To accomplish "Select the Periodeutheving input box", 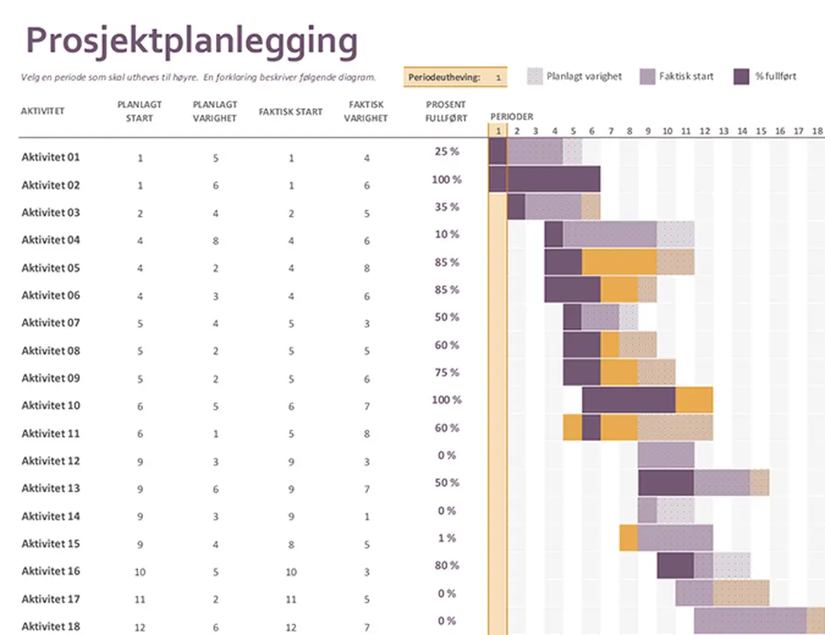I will [x=497, y=77].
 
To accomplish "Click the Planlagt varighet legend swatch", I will [x=536, y=76].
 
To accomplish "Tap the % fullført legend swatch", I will [x=741, y=76].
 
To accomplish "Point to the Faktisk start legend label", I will [x=686, y=76].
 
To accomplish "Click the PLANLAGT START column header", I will [x=140, y=111].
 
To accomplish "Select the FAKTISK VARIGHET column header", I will [x=366, y=111].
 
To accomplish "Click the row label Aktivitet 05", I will [x=51, y=267].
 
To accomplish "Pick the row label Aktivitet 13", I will [x=51, y=488].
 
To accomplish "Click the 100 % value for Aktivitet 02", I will [x=446, y=179].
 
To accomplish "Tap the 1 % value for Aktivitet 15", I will [x=446, y=538].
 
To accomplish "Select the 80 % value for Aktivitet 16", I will [x=446, y=566].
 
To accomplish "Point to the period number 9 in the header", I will [x=648, y=131].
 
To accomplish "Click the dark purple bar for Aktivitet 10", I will [x=629, y=400].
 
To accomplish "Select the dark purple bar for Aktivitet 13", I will [x=666, y=483].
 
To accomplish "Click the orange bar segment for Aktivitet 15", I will [x=628, y=537].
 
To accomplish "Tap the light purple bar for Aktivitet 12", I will [x=666, y=455].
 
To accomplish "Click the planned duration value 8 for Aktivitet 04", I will [x=215, y=241].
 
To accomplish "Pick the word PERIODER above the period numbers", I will [x=511, y=117].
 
